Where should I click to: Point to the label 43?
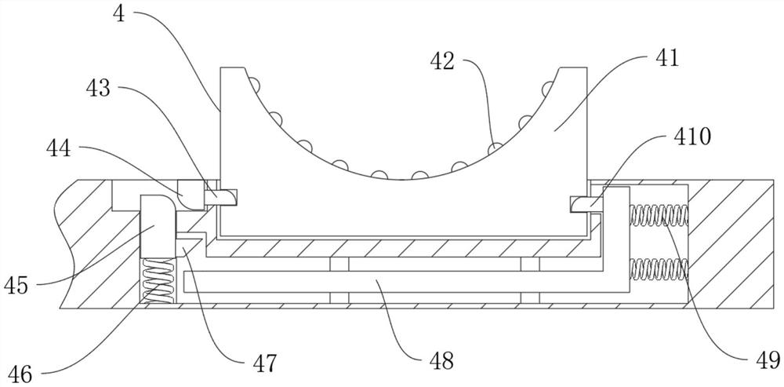99,89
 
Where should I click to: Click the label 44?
59,148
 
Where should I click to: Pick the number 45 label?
16,286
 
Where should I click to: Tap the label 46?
19,374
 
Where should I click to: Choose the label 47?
264,363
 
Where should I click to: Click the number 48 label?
441,360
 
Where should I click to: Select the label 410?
691,136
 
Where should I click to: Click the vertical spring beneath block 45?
158,280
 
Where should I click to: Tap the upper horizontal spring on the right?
659,215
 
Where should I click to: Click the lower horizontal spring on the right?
659,268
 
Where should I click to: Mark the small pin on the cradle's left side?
220,197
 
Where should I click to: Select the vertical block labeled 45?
157,226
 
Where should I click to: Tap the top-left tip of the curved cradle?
220,68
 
